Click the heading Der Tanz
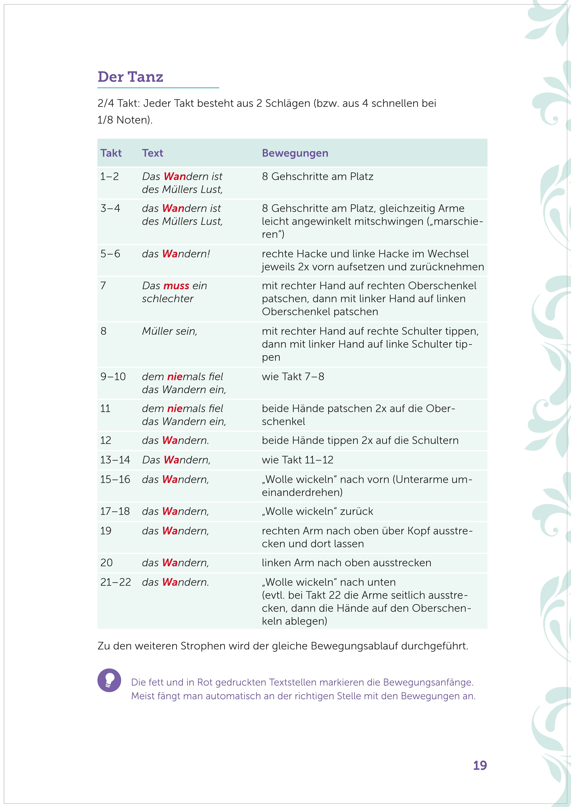tap(130, 77)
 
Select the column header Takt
tap(111, 153)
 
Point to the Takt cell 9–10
tap(113, 376)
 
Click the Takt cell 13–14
tap(115, 460)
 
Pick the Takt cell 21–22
tap(115, 582)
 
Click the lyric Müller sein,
tap(170, 331)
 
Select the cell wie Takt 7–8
tap(293, 376)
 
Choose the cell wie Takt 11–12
tap(297, 460)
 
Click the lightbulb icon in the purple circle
tap(109, 680)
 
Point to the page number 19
tap(480, 765)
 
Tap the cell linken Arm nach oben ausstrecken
tap(346, 563)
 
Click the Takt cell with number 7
tap(103, 286)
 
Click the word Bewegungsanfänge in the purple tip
tap(428, 682)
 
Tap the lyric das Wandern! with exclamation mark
tap(176, 254)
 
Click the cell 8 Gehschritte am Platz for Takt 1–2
tap(317, 176)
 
